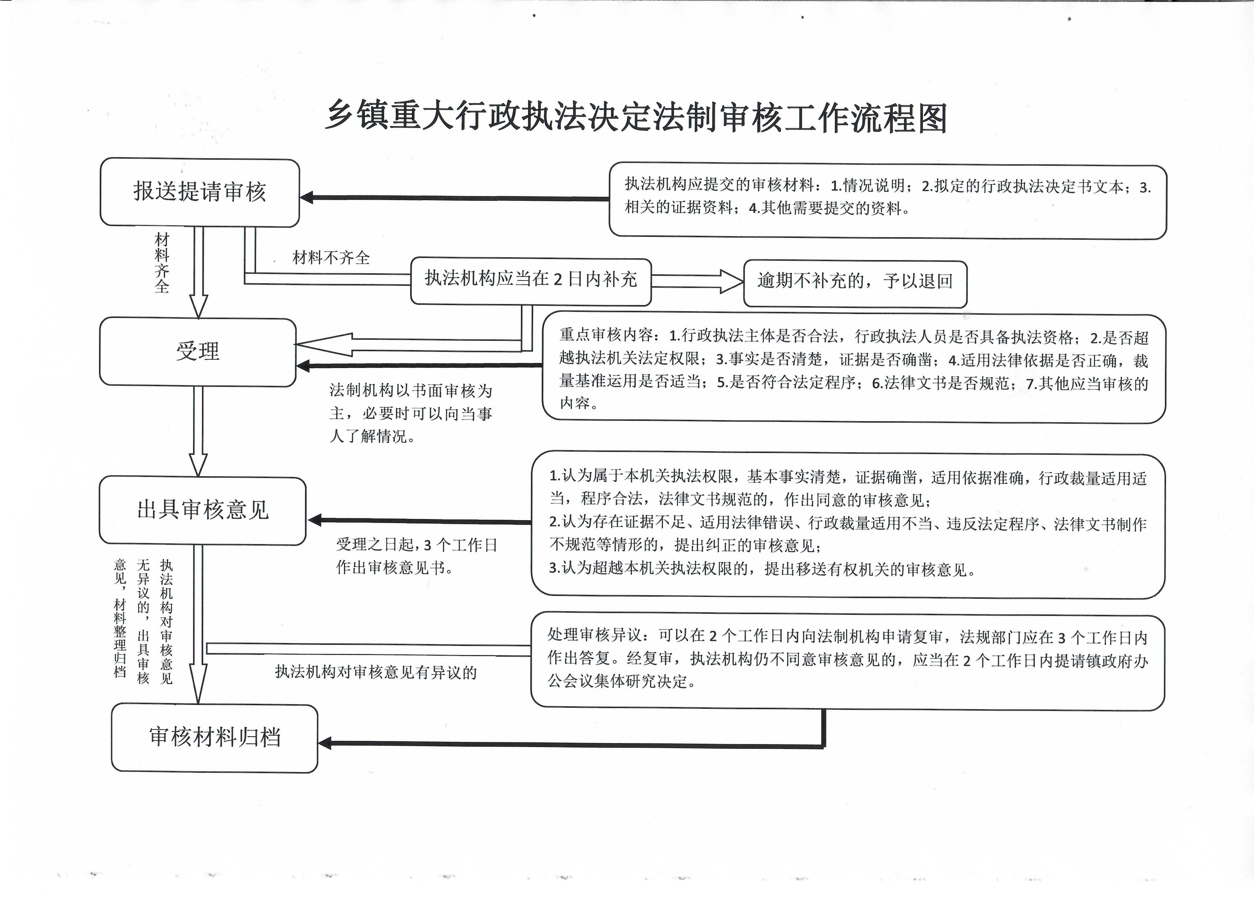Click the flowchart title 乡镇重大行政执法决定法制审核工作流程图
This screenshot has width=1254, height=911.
[x=636, y=118]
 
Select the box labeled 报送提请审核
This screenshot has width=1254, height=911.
[x=200, y=192]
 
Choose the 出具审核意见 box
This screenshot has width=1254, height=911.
[x=202, y=511]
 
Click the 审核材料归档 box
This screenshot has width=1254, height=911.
[x=215, y=737]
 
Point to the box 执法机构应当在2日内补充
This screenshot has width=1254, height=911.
[x=531, y=281]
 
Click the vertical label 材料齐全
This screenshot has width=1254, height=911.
[x=162, y=263]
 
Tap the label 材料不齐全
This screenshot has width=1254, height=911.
[x=331, y=258]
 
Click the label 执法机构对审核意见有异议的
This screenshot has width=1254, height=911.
[x=376, y=672]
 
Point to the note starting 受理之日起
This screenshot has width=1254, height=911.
[x=416, y=556]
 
